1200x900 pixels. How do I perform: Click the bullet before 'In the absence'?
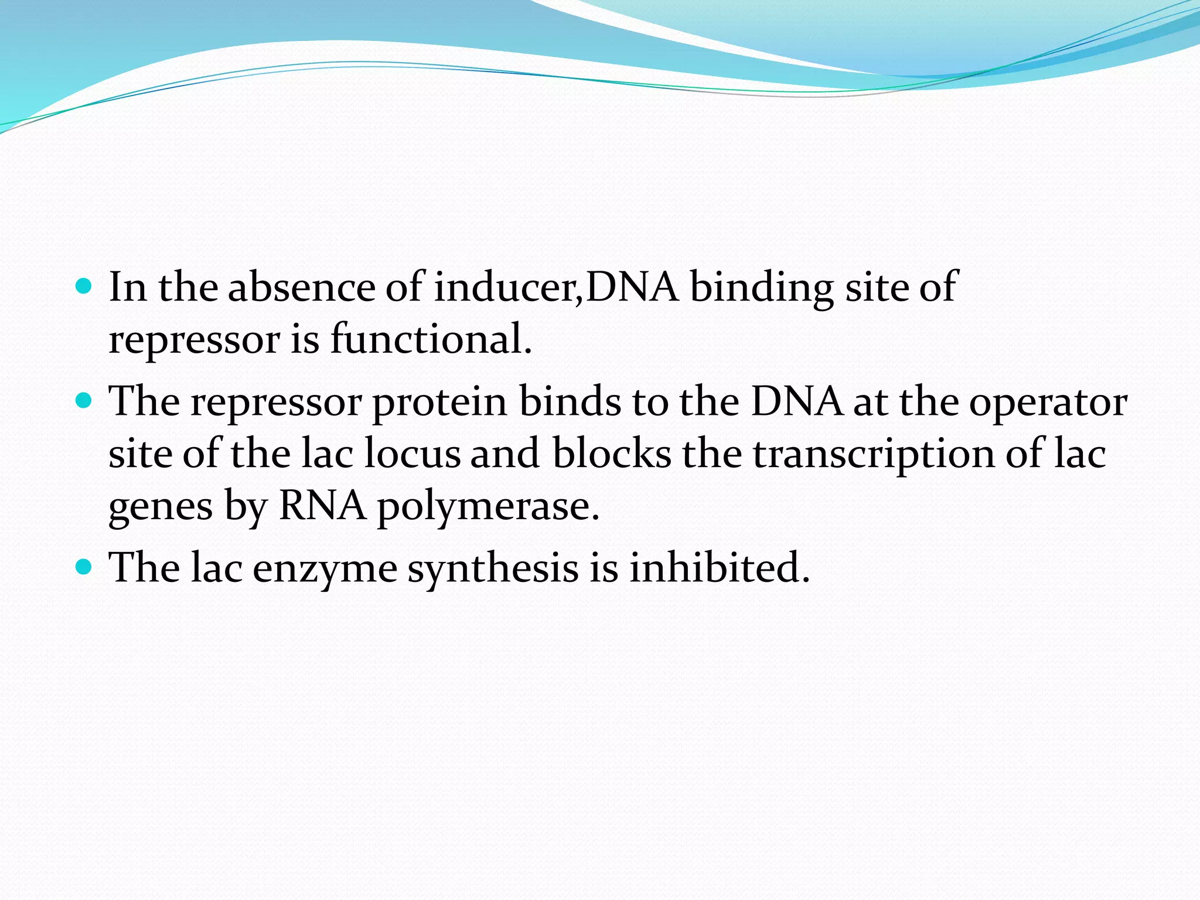[x=84, y=287]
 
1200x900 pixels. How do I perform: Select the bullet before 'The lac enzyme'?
[x=84, y=567]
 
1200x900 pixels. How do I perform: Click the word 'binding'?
[x=761, y=288]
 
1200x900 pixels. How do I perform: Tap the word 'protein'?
[x=439, y=404]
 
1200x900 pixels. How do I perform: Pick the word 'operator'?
[x=1048, y=404]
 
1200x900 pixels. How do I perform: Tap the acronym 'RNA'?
[x=323, y=505]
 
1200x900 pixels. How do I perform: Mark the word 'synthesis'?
[x=493, y=569]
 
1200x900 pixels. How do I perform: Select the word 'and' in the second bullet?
[x=504, y=454]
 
